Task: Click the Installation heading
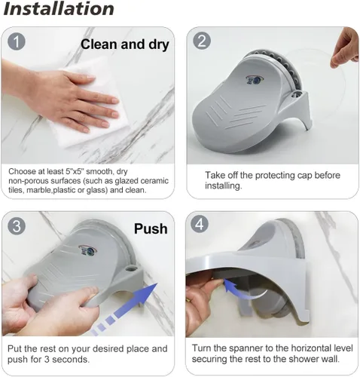59,9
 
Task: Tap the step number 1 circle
17,41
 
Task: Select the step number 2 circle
202,41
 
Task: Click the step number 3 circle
17,226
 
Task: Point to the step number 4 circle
200,224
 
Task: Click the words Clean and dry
125,44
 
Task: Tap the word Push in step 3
151,228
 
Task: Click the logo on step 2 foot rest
254,79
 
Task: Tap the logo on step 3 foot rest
87,250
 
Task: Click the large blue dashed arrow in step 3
125,308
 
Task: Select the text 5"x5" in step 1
75,171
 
